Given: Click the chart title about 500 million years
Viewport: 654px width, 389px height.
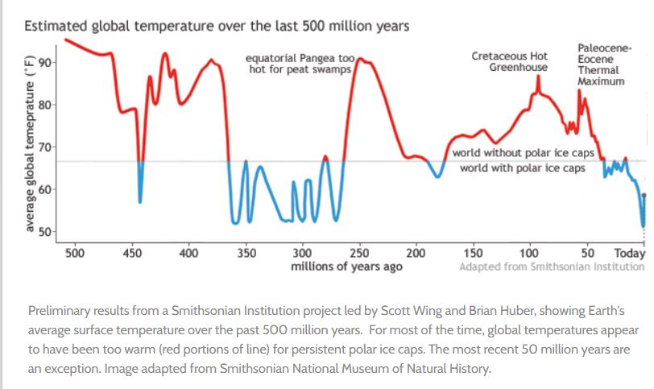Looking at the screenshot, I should point(217,26).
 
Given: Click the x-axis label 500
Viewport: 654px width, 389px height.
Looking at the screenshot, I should point(75,253).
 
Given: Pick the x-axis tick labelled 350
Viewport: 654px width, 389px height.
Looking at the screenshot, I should point(246,253).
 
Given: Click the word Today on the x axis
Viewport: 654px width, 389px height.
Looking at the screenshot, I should point(630,253).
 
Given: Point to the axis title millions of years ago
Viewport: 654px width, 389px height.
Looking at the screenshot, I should point(346,267).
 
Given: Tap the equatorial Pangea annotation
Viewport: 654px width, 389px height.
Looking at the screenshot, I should point(303,64).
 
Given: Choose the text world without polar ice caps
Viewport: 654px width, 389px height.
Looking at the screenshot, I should point(523,152).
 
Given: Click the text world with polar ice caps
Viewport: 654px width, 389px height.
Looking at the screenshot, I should point(522,168).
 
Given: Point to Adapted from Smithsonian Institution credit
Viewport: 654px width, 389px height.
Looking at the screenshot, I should point(552,267).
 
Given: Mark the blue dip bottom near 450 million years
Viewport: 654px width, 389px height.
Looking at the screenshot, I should point(140,201).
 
